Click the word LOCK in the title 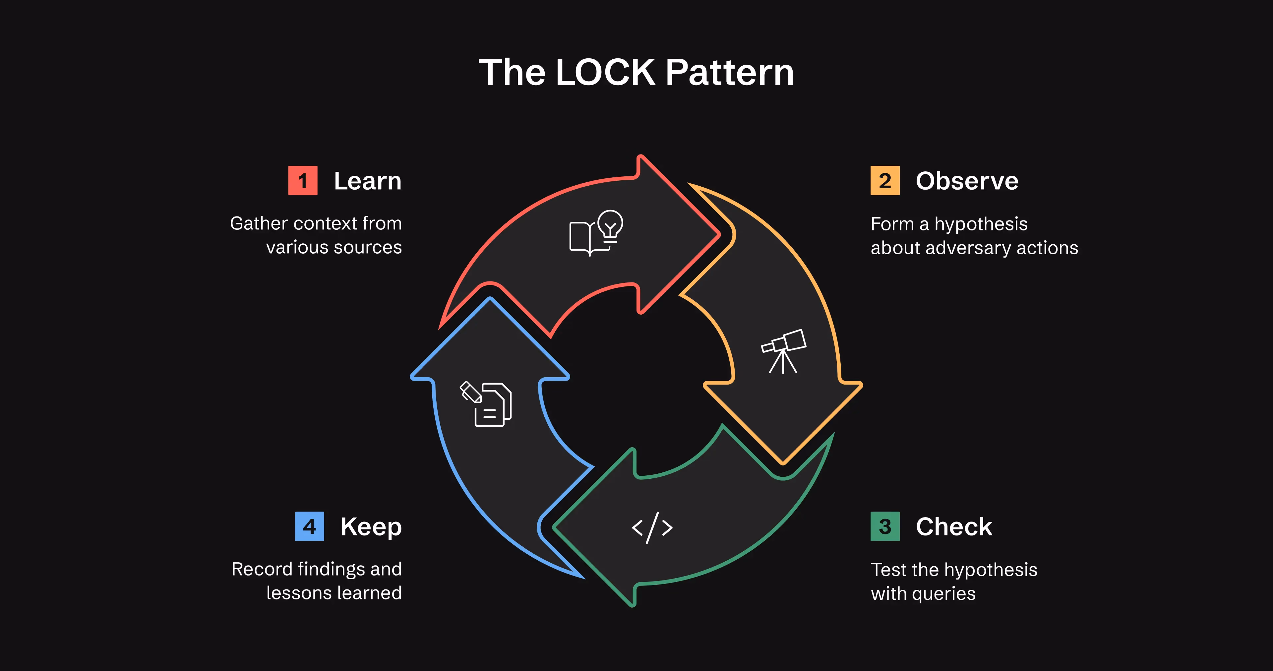click(x=606, y=72)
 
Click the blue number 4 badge click(x=309, y=527)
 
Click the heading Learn click(x=368, y=181)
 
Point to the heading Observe click(x=967, y=181)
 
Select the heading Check click(x=954, y=527)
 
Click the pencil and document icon click(x=486, y=404)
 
